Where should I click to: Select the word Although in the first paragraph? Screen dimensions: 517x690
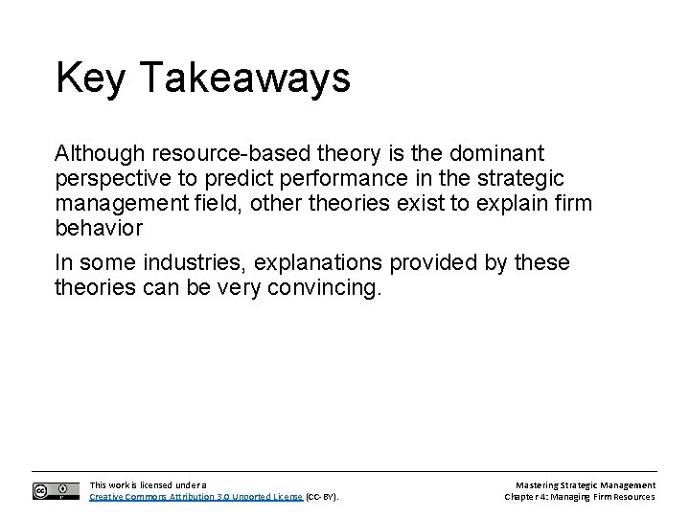pyautogui.click(x=95, y=153)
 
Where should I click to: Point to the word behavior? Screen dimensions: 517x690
pyautogui.click(x=99, y=230)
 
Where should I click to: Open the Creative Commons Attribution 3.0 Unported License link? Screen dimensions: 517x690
pyautogui.click(x=195, y=497)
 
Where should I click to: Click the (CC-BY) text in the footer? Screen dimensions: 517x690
pyautogui.click(x=323, y=497)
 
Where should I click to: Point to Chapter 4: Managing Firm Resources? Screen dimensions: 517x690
pyautogui.click(x=580, y=497)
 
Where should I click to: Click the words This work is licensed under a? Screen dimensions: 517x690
pyautogui.click(x=147, y=484)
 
